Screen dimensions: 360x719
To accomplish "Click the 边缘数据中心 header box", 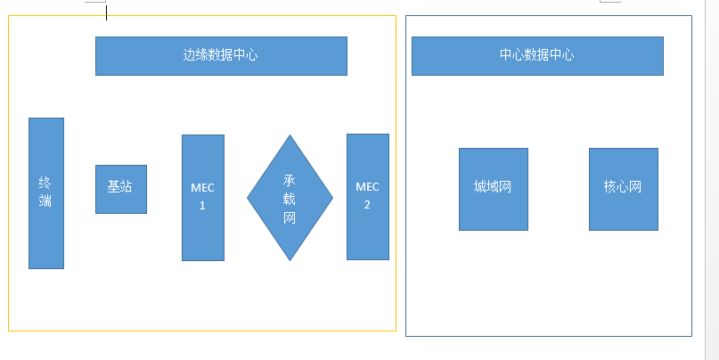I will pos(221,55).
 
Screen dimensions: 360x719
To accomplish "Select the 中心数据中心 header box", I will pos(537,55).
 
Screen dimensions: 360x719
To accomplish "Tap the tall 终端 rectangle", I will pos(46,192).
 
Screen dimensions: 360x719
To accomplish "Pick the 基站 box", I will pos(120,188).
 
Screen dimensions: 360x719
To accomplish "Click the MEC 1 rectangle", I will pos(202,198).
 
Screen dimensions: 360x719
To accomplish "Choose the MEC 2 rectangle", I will pos(367,197).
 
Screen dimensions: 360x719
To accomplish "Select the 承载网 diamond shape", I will pos(290,198).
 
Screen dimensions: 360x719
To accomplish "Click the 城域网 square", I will pos(493,189).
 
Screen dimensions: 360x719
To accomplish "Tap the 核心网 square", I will pos(623,189).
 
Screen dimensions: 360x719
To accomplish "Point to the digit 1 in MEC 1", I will pos(202,205).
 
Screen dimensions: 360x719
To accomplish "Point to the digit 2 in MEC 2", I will pos(367,204).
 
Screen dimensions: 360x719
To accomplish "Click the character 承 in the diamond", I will pos(290,179).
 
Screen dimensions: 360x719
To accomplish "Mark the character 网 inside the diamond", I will pos(290,218).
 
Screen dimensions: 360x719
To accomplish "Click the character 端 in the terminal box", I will pos(46,201).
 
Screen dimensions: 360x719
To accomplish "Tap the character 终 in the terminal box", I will pos(46,182).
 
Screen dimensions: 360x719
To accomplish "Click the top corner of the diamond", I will pos(290,136).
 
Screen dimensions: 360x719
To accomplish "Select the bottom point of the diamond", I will pos(290,259).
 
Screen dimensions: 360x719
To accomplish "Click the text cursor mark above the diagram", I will pos(107,12).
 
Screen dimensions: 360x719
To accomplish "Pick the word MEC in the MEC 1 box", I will pos(202,188).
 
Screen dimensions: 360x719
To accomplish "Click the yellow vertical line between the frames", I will pos(396,178).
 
